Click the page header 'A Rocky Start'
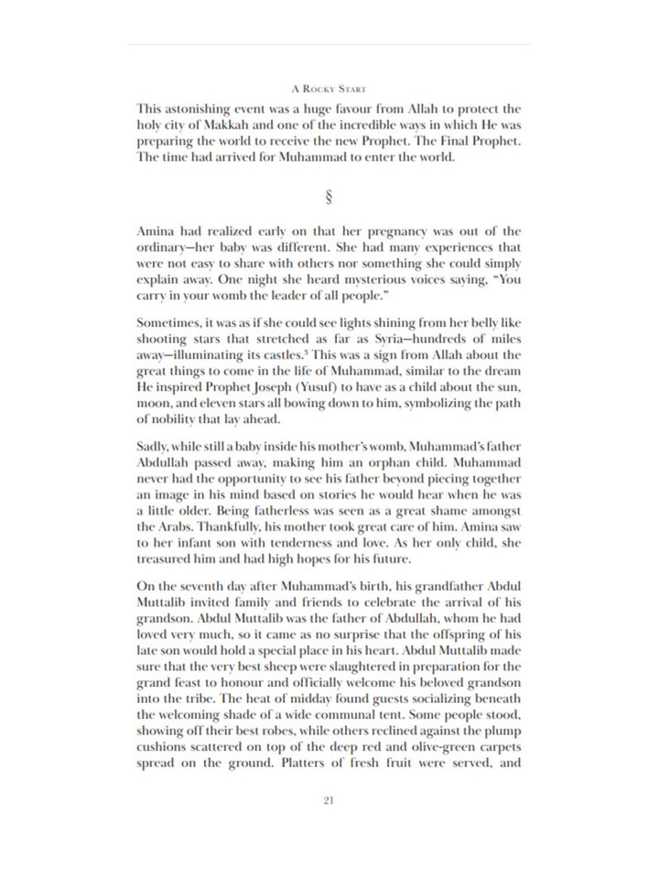329,90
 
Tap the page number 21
329,800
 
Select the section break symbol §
329,195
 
